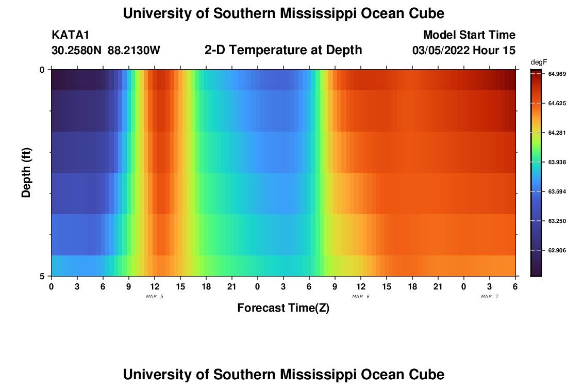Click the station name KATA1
[x=71, y=35]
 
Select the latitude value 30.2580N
[x=77, y=51]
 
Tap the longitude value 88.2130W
[x=134, y=51]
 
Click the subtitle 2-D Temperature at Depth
[x=283, y=50]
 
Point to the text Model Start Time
[x=469, y=35]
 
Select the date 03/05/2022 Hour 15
[x=464, y=51]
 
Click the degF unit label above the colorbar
[x=538, y=62]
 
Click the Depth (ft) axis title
[x=27, y=172]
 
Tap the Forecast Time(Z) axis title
[x=283, y=308]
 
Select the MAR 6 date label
[x=361, y=297]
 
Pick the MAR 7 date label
[x=490, y=297]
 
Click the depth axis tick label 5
[x=42, y=276]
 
